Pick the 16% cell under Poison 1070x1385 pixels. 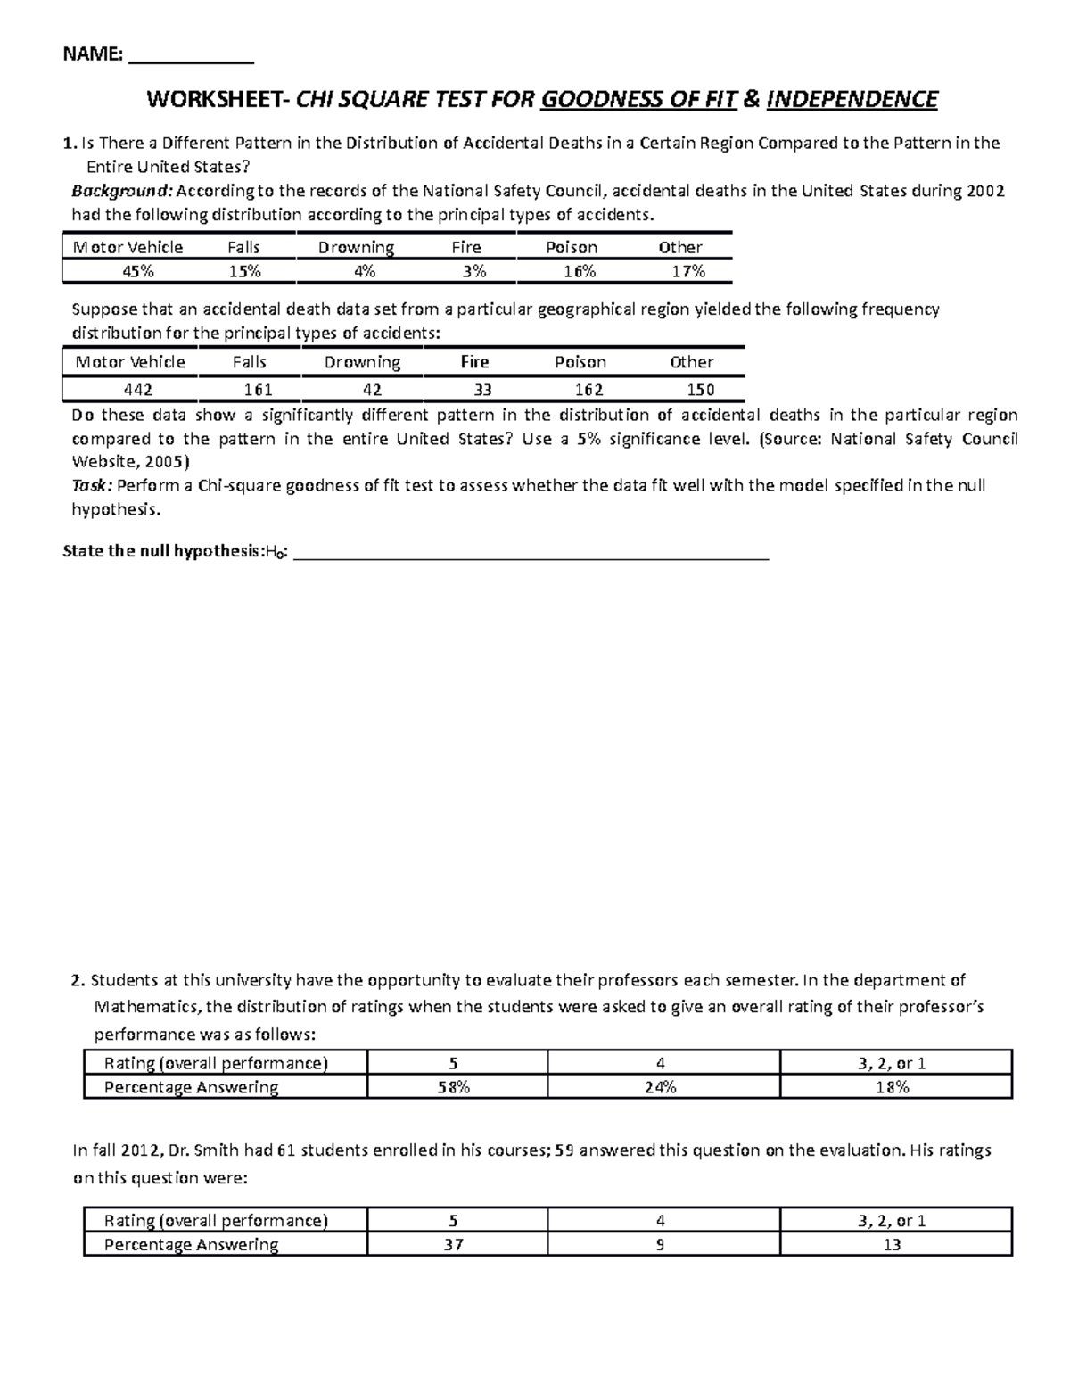tap(579, 271)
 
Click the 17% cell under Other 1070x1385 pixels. tap(688, 271)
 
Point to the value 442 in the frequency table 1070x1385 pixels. tap(137, 390)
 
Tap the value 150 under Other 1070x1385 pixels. tap(701, 390)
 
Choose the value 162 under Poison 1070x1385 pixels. tap(588, 390)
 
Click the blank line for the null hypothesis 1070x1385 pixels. tap(531, 555)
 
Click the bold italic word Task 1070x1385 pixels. tap(90, 486)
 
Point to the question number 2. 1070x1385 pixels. tap(77, 981)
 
